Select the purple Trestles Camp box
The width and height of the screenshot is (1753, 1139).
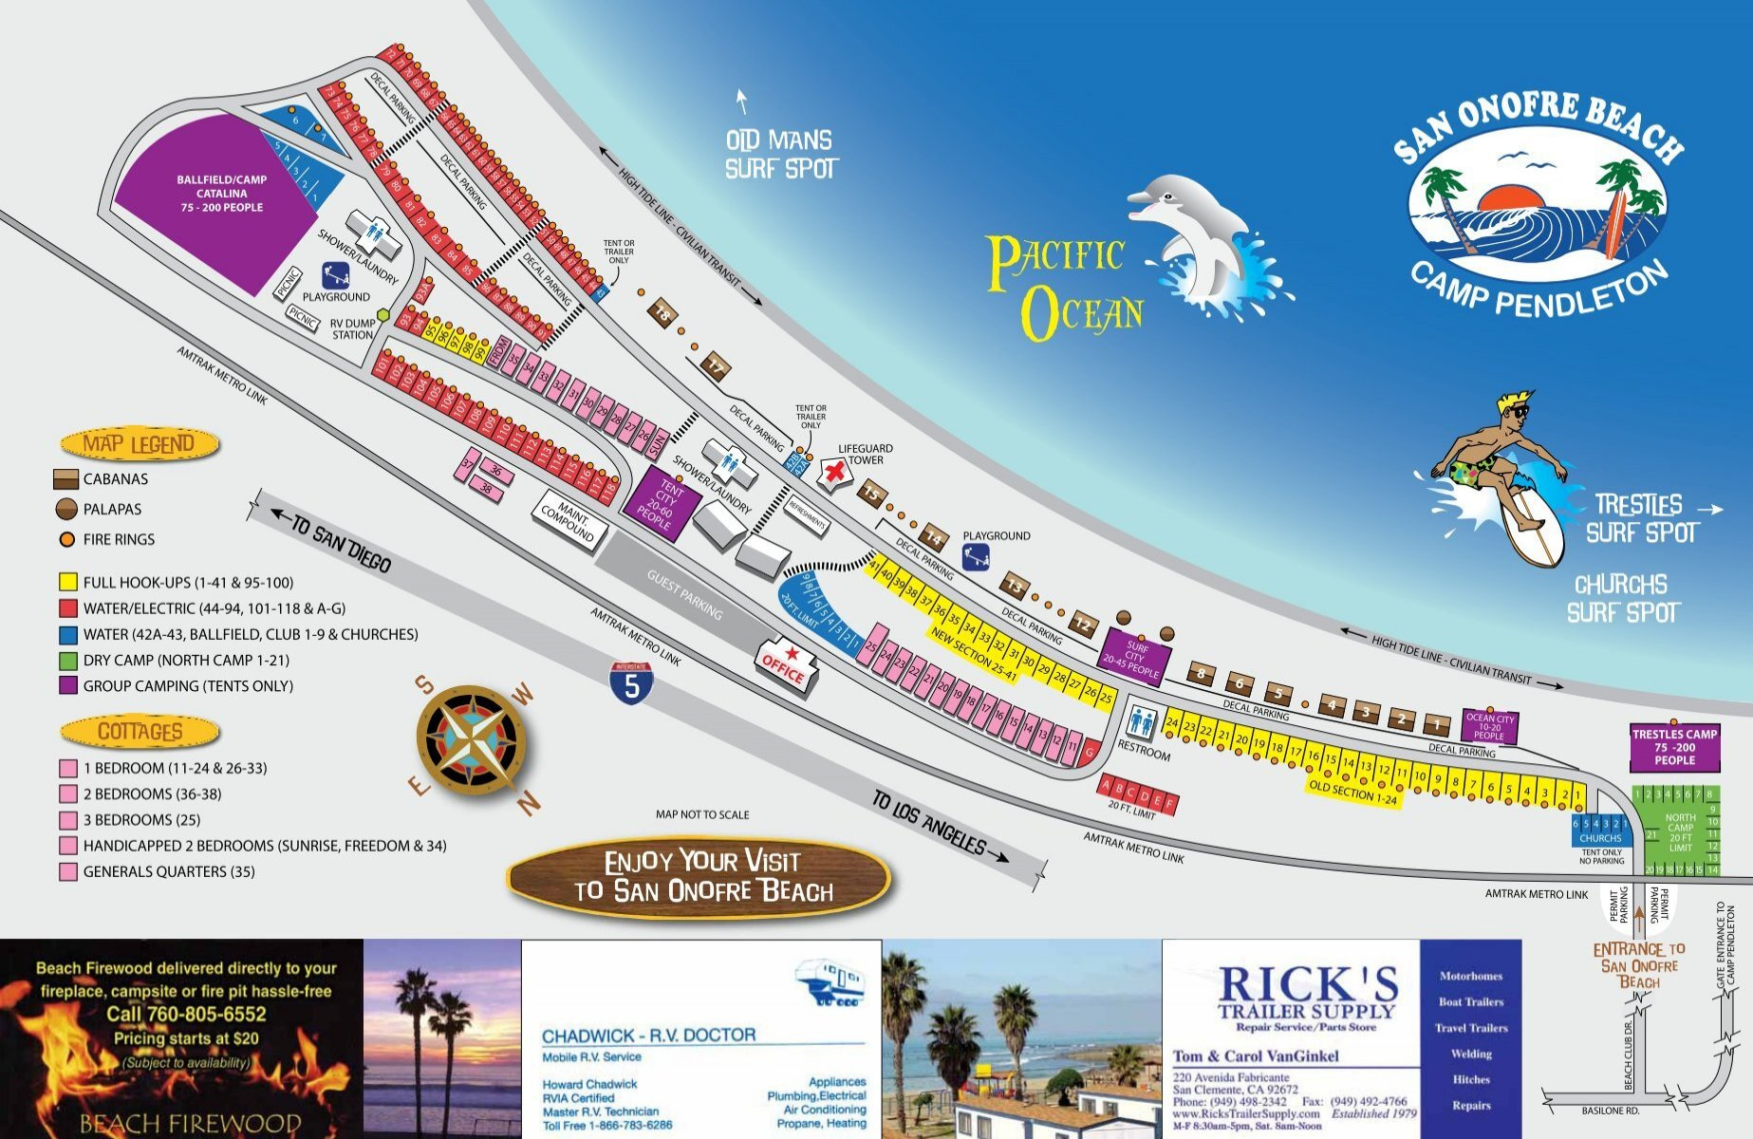[1674, 747]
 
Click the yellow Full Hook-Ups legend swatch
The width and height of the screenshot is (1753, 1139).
[67, 582]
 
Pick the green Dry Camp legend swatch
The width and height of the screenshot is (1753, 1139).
[67, 660]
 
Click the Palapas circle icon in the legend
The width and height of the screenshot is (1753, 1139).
[66, 509]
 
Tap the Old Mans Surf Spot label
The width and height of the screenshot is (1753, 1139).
[780, 155]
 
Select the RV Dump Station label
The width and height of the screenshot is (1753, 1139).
[352, 329]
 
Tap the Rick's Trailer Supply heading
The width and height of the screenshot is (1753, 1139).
[1307, 993]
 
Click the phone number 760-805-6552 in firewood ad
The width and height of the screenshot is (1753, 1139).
[186, 1014]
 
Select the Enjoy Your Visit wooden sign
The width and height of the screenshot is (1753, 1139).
[701, 876]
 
